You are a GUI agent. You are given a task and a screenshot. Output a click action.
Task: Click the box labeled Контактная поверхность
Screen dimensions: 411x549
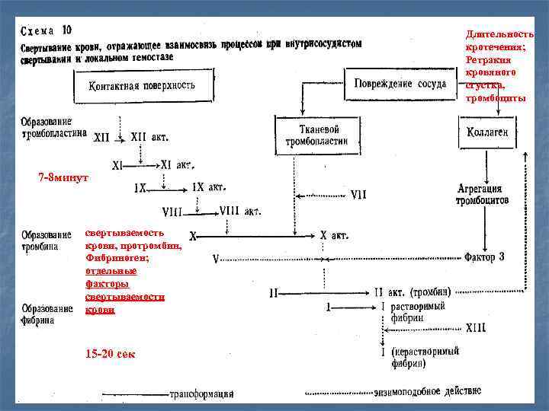142,84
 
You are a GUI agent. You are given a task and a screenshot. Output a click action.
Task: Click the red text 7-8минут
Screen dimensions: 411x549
64,177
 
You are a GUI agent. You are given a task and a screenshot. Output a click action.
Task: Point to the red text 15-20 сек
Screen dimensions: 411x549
111,354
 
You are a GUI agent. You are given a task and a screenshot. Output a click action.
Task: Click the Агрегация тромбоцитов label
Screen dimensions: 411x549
482,194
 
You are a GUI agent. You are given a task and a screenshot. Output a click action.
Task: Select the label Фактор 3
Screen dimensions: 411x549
484,257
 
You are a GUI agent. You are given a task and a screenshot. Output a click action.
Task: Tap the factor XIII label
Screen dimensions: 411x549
475,327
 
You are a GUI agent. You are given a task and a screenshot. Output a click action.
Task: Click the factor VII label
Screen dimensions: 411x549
358,195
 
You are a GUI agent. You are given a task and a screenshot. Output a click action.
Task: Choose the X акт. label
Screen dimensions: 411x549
334,236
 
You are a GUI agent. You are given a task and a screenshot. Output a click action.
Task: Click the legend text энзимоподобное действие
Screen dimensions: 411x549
427,392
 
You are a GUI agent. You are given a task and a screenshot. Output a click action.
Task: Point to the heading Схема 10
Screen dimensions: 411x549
47,31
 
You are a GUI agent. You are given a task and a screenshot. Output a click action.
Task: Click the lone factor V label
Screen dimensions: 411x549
216,259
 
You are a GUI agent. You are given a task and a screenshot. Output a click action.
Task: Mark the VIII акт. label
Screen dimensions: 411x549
240,212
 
